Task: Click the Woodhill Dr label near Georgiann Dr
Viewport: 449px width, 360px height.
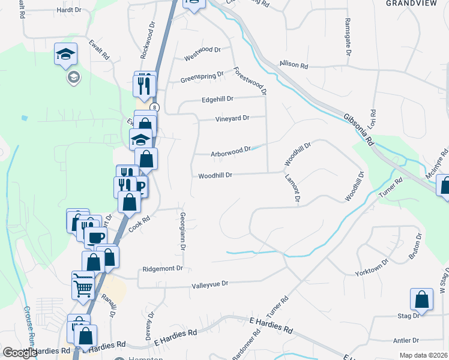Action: click(x=215, y=175)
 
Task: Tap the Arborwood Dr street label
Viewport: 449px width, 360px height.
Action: click(x=230, y=154)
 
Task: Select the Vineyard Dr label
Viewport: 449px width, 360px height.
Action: click(x=232, y=119)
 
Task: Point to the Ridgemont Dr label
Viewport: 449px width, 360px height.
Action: click(x=162, y=269)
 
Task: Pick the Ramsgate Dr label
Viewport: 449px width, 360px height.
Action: click(x=348, y=36)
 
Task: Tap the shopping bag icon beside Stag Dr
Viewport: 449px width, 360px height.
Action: click(x=421, y=301)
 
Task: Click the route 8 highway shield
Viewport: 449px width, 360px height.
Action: click(x=155, y=107)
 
